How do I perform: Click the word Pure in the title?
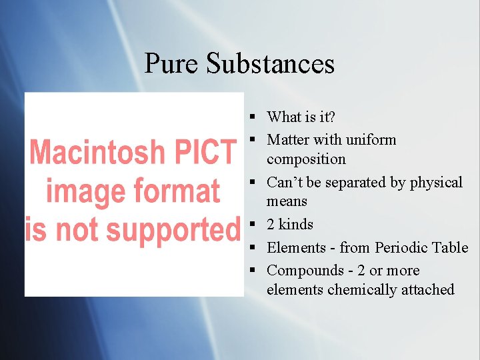171,64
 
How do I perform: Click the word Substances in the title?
270,64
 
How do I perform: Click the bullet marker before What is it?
254,117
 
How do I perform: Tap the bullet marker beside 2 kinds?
254,225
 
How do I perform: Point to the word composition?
306,159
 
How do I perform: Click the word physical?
436,182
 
